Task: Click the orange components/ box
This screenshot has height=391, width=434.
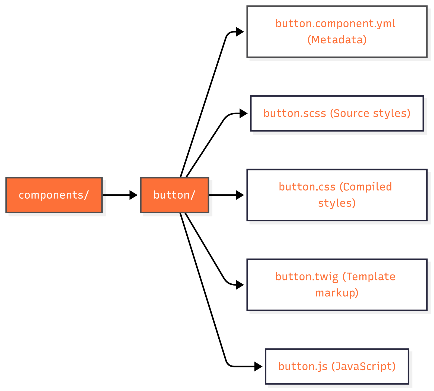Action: coord(54,195)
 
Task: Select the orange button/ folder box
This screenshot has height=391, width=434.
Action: coord(174,195)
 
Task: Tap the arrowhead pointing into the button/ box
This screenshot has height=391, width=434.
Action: coord(133,195)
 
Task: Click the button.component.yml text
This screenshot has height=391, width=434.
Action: coord(335,24)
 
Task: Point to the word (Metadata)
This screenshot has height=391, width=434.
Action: coord(337,40)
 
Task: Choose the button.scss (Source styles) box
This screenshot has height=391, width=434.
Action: coord(337,113)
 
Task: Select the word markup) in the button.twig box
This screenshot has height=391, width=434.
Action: coord(337,293)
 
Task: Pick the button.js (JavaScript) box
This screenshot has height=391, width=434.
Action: coord(337,366)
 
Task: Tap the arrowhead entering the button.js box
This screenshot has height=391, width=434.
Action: coord(258,366)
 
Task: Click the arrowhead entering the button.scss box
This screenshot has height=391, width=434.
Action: coord(243,113)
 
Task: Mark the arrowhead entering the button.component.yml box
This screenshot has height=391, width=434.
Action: coord(240,32)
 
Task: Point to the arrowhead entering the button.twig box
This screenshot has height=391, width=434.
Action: coord(240,285)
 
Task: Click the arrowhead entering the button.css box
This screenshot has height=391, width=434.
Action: coord(240,195)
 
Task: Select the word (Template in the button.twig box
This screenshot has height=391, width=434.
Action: coord(369,277)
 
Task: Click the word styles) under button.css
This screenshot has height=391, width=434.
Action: coord(337,203)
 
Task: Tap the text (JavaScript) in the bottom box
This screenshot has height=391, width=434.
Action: coord(363,366)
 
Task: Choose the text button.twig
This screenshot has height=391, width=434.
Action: coord(307,277)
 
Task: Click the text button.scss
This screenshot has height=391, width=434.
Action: coord(295,113)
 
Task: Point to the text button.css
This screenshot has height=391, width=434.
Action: coord(307,187)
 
